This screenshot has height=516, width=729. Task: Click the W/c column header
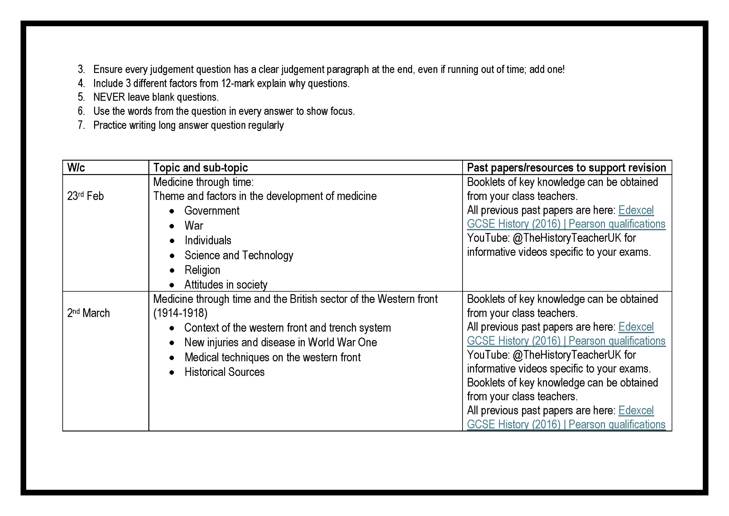(76, 167)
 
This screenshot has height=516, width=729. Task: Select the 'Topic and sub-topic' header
(200, 167)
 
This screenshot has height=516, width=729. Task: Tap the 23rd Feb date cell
(85, 196)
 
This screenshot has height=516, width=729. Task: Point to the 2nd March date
(88, 313)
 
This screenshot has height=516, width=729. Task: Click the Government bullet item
(212, 211)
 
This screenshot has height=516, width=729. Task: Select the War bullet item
(194, 226)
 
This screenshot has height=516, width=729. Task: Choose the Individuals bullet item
(208, 240)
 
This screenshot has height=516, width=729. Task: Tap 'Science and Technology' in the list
(239, 255)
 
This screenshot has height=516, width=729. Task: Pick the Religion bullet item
(202, 270)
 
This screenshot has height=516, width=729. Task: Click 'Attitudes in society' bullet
(226, 285)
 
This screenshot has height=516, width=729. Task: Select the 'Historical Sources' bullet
(224, 372)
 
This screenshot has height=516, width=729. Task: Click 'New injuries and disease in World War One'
(280, 342)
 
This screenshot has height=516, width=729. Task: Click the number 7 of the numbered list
(81, 125)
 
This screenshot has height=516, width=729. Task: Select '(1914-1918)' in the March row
(180, 313)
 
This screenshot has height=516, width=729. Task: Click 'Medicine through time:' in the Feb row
(203, 182)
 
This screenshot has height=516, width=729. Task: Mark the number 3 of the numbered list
(81, 69)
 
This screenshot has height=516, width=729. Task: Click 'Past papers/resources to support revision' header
(566, 167)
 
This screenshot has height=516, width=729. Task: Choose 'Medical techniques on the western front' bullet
(272, 357)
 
